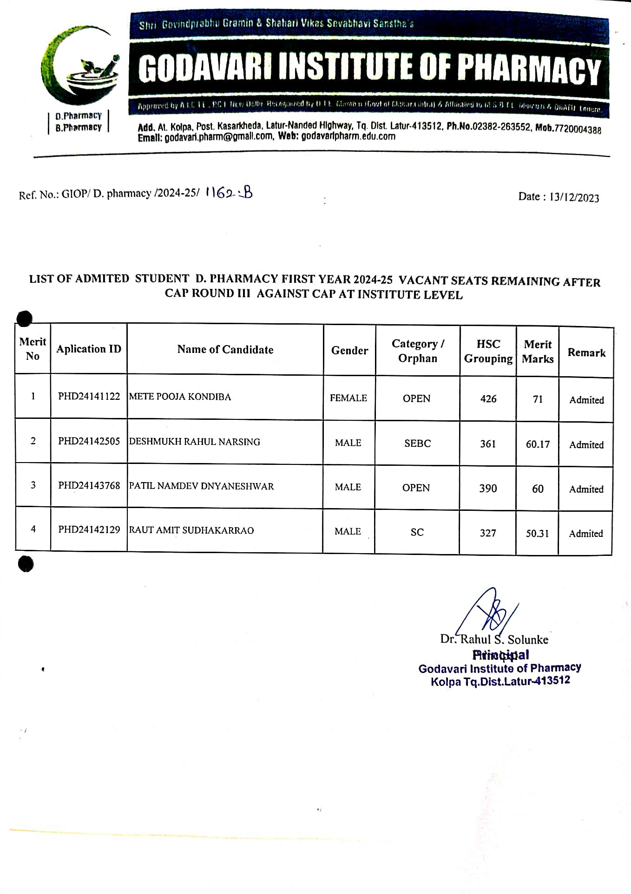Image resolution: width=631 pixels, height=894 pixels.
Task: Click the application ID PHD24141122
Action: [89, 396]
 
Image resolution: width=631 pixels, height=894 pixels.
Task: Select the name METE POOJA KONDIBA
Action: [180, 397]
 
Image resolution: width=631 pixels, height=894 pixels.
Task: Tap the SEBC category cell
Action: [417, 444]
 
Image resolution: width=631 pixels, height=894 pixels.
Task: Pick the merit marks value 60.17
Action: [538, 444]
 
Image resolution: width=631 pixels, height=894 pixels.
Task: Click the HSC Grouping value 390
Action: [488, 489]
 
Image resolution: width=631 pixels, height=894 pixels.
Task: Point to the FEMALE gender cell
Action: [348, 398]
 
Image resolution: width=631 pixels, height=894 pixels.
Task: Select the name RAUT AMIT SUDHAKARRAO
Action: [191, 530]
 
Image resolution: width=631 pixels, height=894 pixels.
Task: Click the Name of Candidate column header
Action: [225, 350]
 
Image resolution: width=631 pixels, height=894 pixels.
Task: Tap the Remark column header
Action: [586, 353]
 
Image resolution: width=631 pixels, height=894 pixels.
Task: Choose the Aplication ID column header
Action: [89, 349]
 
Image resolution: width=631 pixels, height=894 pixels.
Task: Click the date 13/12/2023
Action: [574, 197]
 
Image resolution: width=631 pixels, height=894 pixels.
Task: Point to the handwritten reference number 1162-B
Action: [229, 192]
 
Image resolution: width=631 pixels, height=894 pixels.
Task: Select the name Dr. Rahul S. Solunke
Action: [494, 640]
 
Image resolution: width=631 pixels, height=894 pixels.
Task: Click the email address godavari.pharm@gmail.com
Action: [219, 137]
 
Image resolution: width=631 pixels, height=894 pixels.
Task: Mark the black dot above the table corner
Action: [25, 318]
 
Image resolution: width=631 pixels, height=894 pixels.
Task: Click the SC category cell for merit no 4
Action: [417, 532]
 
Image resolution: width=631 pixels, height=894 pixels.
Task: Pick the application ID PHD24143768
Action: [89, 485]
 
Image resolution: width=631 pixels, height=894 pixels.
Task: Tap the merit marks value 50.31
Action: [537, 534]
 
